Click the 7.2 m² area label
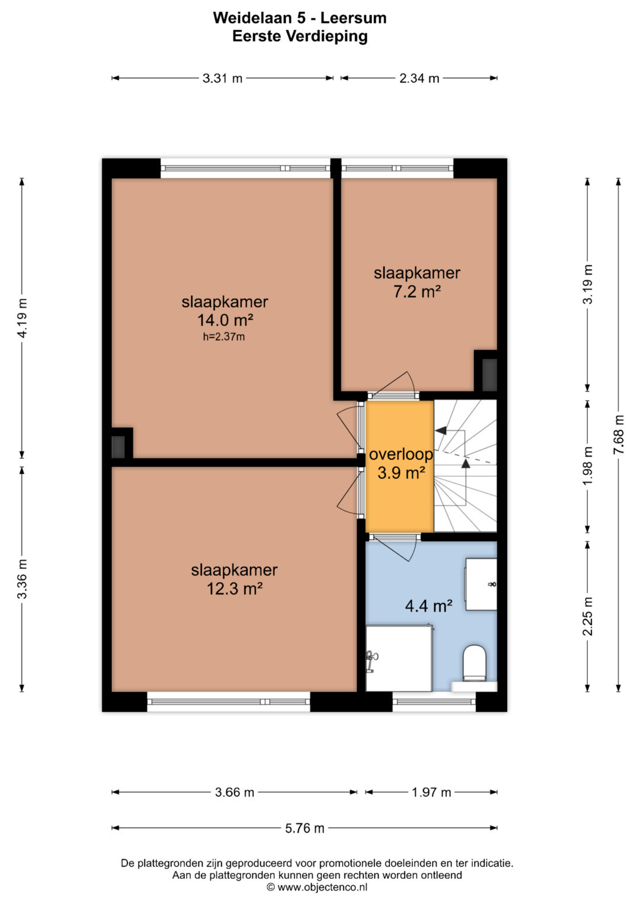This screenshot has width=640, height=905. coord(417,292)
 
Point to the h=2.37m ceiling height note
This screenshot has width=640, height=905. coord(224,337)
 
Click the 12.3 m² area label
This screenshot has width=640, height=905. coord(235,589)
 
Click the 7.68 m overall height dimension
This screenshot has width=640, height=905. coord(619,435)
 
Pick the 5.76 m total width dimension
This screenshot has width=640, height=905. coord(305,828)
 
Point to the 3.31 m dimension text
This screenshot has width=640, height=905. coord(222,78)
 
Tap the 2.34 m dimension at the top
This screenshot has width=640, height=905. coord(419,78)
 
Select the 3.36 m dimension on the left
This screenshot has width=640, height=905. coord(23,578)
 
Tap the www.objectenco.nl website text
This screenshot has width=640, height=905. coord(322,887)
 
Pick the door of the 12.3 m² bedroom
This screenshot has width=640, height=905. coord(350,494)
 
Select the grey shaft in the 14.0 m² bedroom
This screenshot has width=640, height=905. coord(118,447)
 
